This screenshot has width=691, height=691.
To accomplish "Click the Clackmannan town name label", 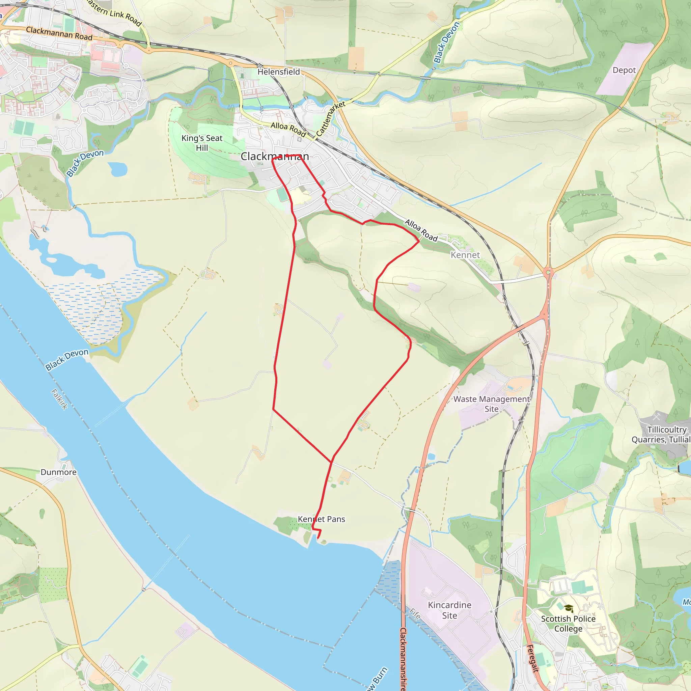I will coord(275,156).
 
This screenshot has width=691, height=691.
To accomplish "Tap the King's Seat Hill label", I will coord(202,143).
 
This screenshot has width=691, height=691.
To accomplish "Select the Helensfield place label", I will coord(279,72).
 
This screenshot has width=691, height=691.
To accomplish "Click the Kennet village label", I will coord(465,255).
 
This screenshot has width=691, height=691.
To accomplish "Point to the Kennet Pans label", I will coord(321,519).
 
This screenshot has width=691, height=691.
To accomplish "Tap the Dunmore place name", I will coord(58,472).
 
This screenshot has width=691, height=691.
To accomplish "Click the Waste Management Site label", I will coord(491,404).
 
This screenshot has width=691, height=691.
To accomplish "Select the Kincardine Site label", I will coord(449,610).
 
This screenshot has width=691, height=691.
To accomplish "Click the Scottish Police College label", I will coord(568,624).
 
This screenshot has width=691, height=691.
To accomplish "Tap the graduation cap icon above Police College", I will coord(569,608).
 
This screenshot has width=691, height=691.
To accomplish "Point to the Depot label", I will coord(624,70).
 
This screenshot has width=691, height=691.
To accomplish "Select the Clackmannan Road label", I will coord(59,34).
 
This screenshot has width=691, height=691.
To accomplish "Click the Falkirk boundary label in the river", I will coord(59,399).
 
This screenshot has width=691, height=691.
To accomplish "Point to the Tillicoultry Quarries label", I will coord(661,435).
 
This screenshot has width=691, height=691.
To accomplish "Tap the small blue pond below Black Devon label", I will coord(118,169).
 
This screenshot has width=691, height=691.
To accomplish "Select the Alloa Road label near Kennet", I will coord(421,230).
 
